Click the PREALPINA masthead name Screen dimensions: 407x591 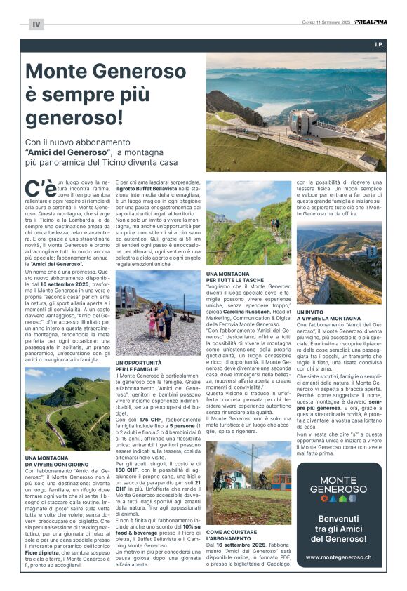(371, 22)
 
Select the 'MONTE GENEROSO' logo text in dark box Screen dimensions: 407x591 (338, 484)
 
